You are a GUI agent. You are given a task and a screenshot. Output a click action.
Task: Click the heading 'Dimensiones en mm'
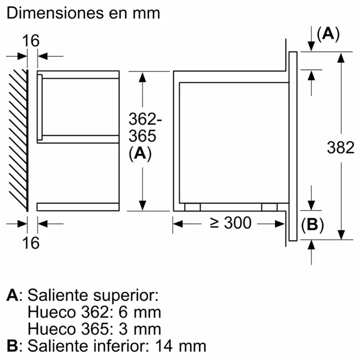[x=83, y=13]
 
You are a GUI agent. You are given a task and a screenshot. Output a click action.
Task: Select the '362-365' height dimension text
[x=142, y=128]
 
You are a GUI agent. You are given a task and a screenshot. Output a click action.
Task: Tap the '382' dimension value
[x=341, y=148]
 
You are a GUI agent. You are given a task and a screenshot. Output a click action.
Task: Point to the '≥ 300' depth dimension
[x=230, y=223]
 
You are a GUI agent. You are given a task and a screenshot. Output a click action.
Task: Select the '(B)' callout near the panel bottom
[x=312, y=225]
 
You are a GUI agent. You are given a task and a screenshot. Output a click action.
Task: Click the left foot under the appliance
[x=192, y=207]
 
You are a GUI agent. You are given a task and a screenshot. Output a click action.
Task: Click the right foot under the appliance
[x=269, y=207]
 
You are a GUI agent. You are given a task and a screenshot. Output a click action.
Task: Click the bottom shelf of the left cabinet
[x=78, y=206]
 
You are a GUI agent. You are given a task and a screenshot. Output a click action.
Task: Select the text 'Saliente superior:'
[x=92, y=296]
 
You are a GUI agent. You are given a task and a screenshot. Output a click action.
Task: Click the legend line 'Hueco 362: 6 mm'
[x=94, y=312]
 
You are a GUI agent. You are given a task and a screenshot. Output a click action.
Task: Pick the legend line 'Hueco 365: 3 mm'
[x=94, y=329]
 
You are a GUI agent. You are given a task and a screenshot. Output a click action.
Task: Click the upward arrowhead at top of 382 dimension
[x=341, y=58]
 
